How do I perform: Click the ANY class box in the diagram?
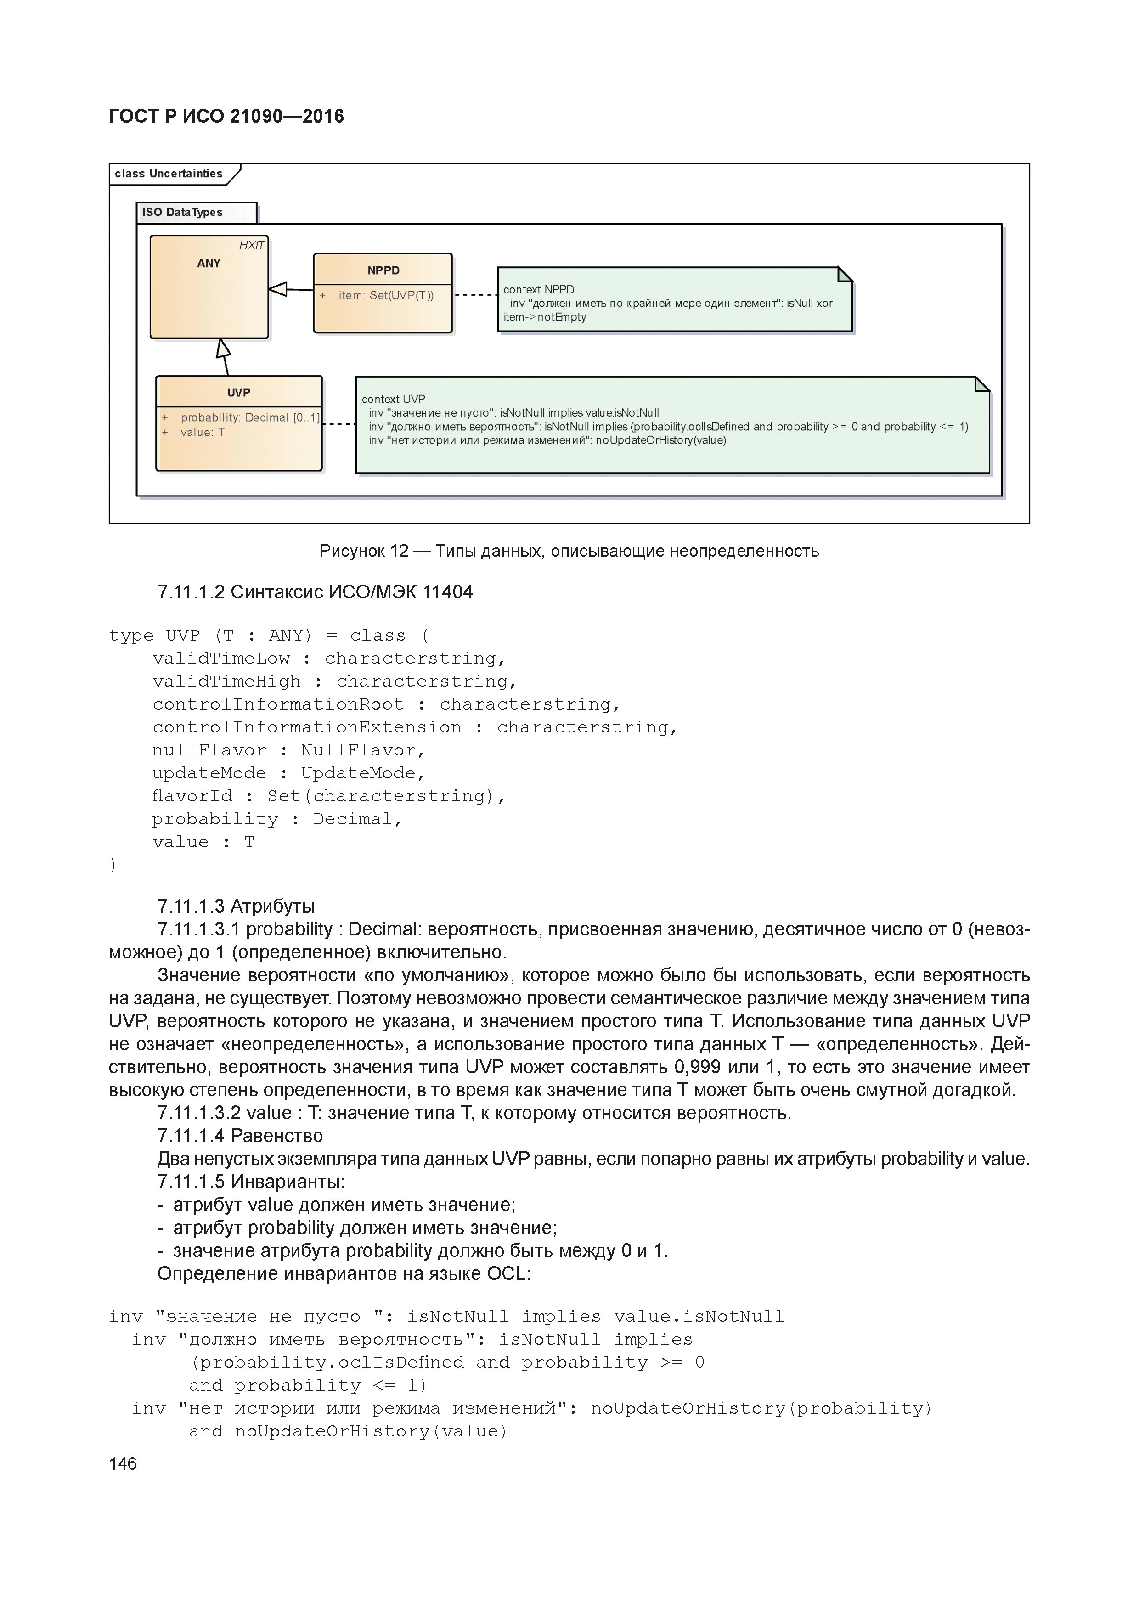[x=209, y=295]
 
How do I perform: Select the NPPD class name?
[x=383, y=270]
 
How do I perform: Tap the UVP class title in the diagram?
[x=239, y=392]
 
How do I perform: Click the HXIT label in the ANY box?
[x=251, y=245]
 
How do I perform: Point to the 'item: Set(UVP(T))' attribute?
[x=386, y=295]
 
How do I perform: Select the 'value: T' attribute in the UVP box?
[x=202, y=432]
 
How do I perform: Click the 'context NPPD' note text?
[x=538, y=289]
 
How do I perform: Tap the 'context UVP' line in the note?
[x=393, y=399]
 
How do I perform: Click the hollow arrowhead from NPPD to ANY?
[x=278, y=288]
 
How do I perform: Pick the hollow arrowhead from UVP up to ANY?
[x=224, y=349]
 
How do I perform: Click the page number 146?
[x=123, y=1464]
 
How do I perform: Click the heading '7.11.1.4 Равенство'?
[x=240, y=1136]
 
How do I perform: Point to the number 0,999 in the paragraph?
[x=697, y=1067]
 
